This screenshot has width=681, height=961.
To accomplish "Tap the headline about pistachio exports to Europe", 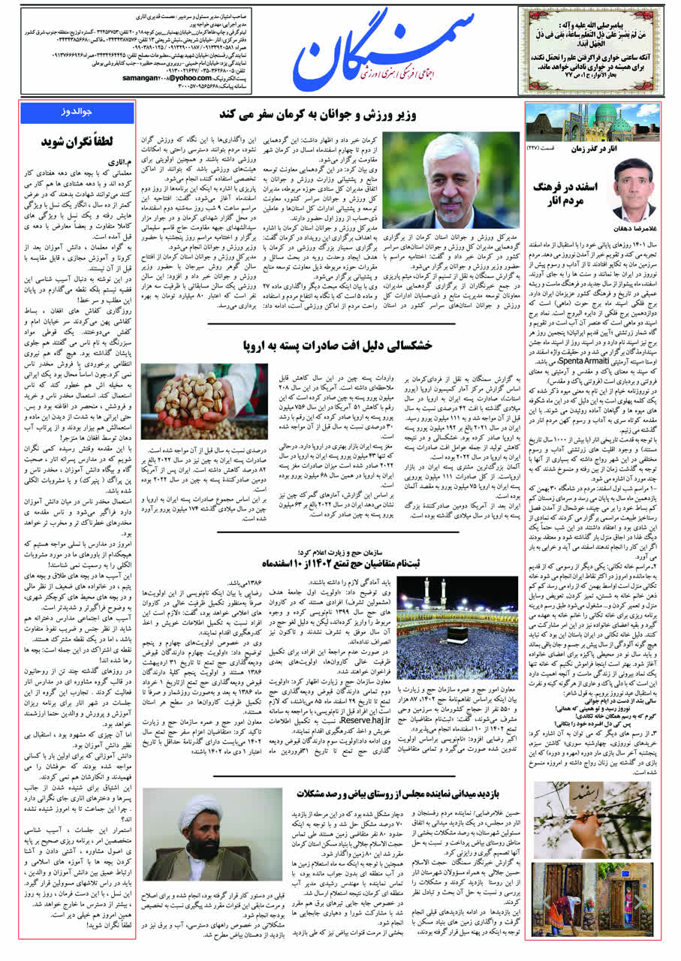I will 338,345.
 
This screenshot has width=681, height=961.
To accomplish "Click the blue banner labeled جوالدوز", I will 77,113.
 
